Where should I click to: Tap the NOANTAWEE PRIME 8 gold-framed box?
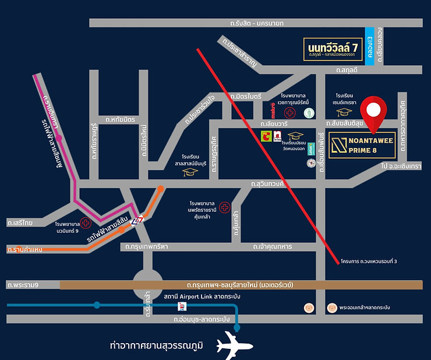(x=362, y=144)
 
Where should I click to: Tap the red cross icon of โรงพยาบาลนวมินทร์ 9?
(x=86, y=222)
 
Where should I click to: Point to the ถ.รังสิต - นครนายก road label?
(x=256, y=23)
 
